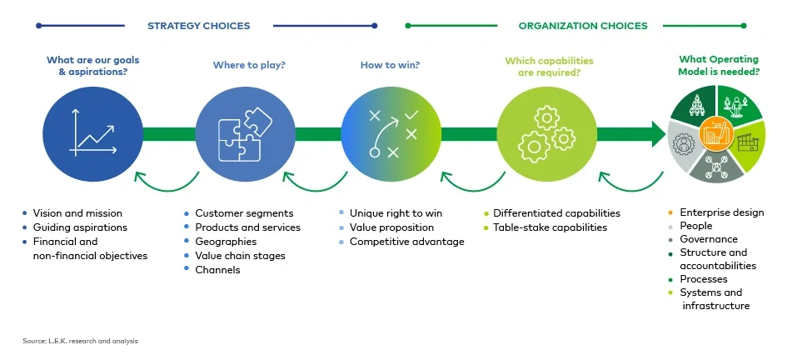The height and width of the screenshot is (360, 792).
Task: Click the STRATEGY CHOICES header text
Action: point(198,26)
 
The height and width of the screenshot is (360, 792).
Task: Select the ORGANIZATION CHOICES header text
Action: point(582,26)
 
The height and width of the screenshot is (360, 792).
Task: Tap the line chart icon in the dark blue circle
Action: point(92,132)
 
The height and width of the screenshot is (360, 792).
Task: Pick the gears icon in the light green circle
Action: point(546,133)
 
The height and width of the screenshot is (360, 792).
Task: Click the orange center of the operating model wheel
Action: point(715,133)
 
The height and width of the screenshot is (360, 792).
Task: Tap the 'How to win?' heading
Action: point(390,64)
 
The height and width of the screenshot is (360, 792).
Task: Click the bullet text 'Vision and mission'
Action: point(77,213)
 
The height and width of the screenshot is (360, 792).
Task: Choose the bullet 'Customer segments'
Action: point(244,213)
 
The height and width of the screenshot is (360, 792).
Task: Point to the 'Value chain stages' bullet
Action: point(240,256)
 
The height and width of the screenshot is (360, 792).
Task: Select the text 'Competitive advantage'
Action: point(406,242)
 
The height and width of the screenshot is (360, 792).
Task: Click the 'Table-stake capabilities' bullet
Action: point(550,227)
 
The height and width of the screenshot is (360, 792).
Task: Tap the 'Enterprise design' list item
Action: point(721,212)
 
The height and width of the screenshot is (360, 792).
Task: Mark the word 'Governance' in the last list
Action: point(709,239)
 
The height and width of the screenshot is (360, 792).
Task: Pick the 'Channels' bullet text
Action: point(217,270)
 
